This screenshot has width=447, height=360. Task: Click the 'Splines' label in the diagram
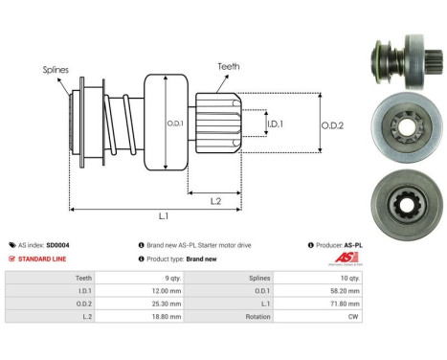click(x=55, y=70)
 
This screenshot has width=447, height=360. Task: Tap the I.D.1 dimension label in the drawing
click(x=275, y=124)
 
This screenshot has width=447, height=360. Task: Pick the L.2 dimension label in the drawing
click(x=216, y=199)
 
